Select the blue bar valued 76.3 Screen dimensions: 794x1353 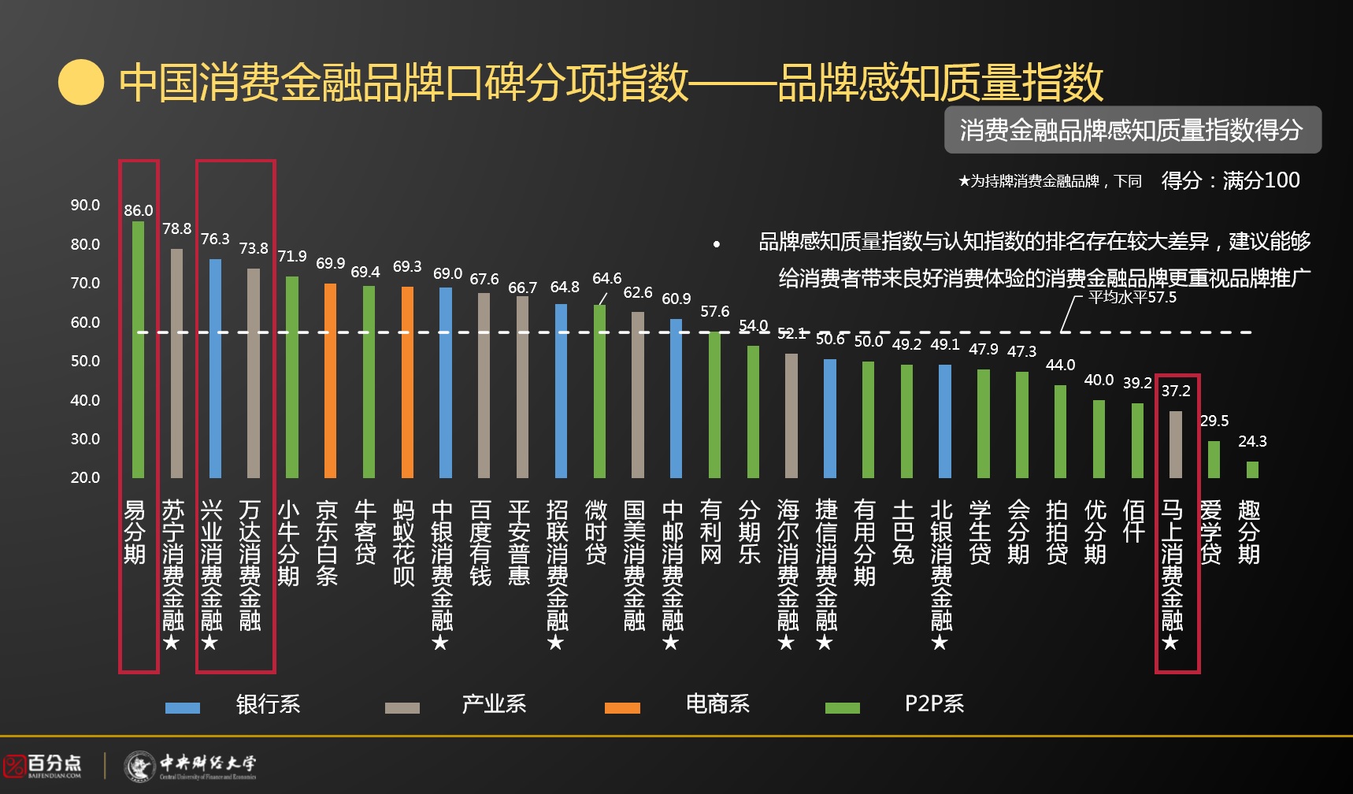click(x=215, y=368)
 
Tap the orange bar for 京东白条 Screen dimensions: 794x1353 click(x=330, y=380)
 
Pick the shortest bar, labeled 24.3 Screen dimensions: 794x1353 click(x=1252, y=469)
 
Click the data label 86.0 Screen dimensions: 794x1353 click(x=139, y=210)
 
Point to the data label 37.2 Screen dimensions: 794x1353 click(x=1176, y=391)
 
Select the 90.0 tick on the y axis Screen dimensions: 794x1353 click(x=85, y=205)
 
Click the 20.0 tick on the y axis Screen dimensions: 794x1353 click(x=85, y=477)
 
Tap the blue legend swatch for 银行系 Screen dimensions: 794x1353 click(x=183, y=707)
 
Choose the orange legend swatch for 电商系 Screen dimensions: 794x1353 click(x=622, y=707)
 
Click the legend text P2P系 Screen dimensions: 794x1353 click(x=934, y=703)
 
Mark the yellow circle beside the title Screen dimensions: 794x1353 click(x=81, y=83)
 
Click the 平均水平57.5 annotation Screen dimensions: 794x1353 click(x=1132, y=297)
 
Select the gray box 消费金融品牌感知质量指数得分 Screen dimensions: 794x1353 click(x=1132, y=130)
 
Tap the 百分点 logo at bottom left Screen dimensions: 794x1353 click(x=43, y=765)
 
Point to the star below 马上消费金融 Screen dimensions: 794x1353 click(x=1171, y=643)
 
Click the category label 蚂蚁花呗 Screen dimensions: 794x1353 click(x=404, y=543)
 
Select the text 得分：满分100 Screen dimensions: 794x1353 click(x=1230, y=180)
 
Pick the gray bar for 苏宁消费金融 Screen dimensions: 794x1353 click(x=176, y=363)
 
